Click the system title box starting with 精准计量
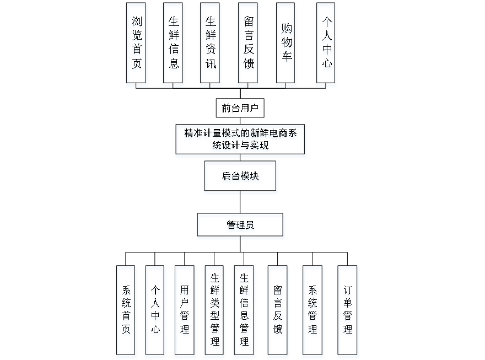point(240,141)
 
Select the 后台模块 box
point(241,178)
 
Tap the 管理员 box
point(241,227)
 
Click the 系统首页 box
point(127,312)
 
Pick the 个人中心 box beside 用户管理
point(155,312)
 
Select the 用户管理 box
point(185,312)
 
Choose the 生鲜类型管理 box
point(214,312)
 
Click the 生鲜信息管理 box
point(244,312)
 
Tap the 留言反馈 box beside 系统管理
point(278,312)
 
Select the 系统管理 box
point(312,312)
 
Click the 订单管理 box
point(348,312)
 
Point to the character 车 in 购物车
point(286,59)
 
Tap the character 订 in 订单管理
point(348,291)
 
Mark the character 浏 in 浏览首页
point(137,23)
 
